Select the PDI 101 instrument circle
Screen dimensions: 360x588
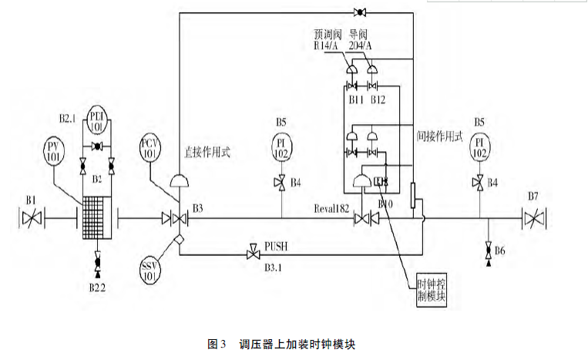(x=99, y=116)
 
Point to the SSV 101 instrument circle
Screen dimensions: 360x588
(x=150, y=271)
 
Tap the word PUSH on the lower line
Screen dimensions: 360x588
(x=275, y=247)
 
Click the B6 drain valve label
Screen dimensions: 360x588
(x=501, y=251)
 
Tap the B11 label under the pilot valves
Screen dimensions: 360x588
(x=355, y=101)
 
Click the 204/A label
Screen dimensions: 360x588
(x=361, y=46)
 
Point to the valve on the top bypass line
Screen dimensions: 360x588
(x=360, y=12)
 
